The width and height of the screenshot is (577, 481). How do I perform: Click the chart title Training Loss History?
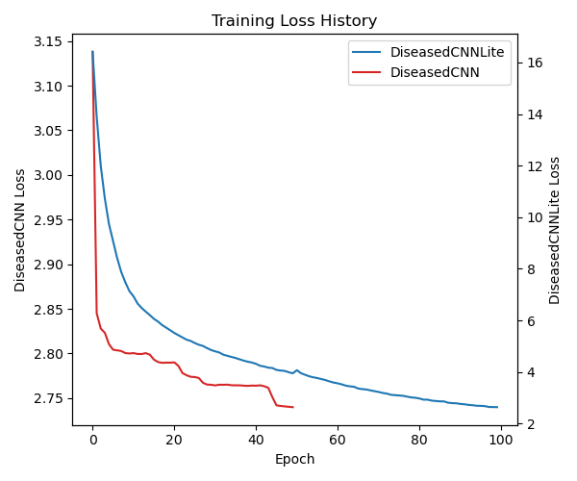pyautogui.click(x=294, y=21)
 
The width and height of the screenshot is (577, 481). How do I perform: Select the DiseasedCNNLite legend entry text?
pyautogui.click(x=447, y=52)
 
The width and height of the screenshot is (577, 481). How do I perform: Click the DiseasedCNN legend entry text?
pyautogui.click(x=435, y=71)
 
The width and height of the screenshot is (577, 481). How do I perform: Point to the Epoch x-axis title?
pyautogui.click(x=294, y=459)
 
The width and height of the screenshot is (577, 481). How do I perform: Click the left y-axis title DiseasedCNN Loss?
pyautogui.click(x=20, y=230)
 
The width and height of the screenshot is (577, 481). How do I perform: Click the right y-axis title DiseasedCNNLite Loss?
pyautogui.click(x=555, y=230)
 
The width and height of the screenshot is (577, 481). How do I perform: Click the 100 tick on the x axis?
pyautogui.click(x=501, y=440)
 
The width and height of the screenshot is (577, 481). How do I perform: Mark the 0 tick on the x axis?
pyautogui.click(x=92, y=440)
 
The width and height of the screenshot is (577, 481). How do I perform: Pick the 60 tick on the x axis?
pyautogui.click(x=338, y=440)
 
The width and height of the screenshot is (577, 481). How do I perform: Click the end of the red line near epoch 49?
pyautogui.click(x=292, y=407)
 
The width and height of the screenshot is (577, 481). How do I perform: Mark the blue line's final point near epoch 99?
pyautogui.click(x=497, y=407)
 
